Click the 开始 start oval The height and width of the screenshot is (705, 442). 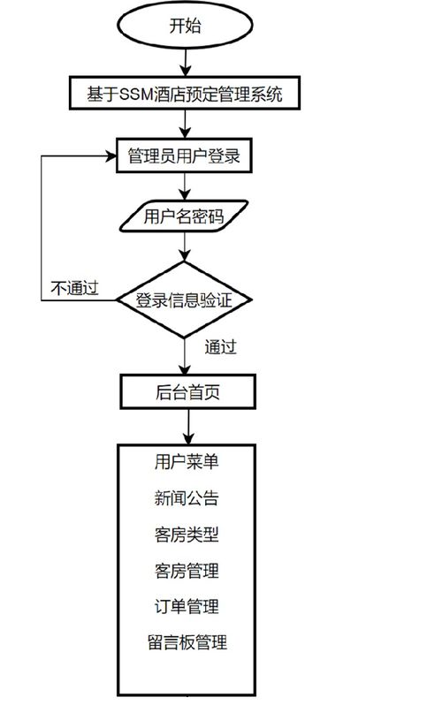point(185,27)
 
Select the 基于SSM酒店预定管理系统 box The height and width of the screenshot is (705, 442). point(185,93)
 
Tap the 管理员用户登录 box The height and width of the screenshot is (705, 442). point(185,156)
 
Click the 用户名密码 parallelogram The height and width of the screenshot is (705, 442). point(185,215)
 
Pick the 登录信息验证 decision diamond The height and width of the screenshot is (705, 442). point(185,299)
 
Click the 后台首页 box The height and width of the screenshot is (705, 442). point(187,391)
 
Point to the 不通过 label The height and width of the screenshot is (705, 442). point(73,288)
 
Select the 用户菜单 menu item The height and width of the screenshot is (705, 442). point(186,461)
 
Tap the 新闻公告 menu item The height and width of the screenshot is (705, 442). point(186,498)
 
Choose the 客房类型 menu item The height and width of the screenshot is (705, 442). point(186,535)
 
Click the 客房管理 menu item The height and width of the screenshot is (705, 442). point(186,571)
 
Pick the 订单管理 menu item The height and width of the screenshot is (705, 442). point(186,607)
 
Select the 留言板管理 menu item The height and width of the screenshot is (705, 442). point(186,642)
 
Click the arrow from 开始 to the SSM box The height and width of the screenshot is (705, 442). point(185,62)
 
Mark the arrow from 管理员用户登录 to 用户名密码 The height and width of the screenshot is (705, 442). point(185,186)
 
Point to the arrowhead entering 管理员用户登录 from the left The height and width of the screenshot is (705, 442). point(112,156)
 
